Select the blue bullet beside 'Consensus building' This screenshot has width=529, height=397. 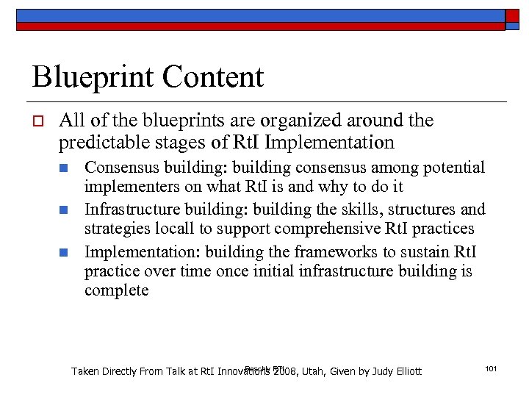[64, 168]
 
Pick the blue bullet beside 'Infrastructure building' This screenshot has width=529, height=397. [64, 210]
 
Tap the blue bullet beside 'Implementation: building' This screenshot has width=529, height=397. [64, 252]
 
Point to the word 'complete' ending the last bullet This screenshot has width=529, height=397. [116, 290]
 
